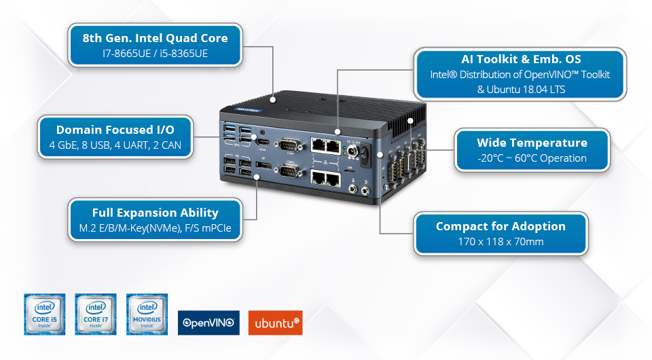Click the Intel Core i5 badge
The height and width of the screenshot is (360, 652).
pos(45,314)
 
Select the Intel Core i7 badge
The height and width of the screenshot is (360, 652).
pos(96,314)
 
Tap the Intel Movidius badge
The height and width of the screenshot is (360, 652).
pos(147,314)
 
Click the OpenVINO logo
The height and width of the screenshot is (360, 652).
pos(209,323)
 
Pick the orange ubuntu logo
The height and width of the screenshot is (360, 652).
pos(275,323)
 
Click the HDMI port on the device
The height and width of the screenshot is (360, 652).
pos(262,144)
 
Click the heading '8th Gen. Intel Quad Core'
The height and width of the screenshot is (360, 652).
pos(156,38)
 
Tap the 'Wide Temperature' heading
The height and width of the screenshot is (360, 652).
pos(532,143)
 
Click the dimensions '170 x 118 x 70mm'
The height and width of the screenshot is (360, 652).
pos(501,242)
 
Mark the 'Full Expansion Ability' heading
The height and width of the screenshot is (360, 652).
pos(156,213)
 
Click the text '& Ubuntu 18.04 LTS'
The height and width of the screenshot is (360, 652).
pos(521,89)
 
